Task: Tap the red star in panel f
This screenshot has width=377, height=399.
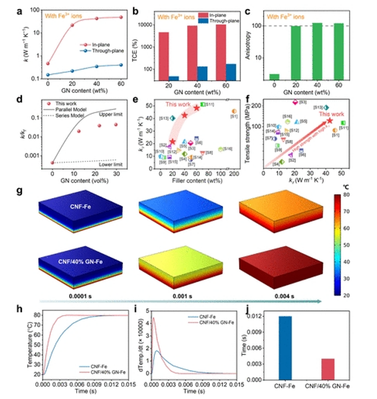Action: (330, 121)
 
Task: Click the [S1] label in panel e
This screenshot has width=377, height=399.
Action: (234, 118)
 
